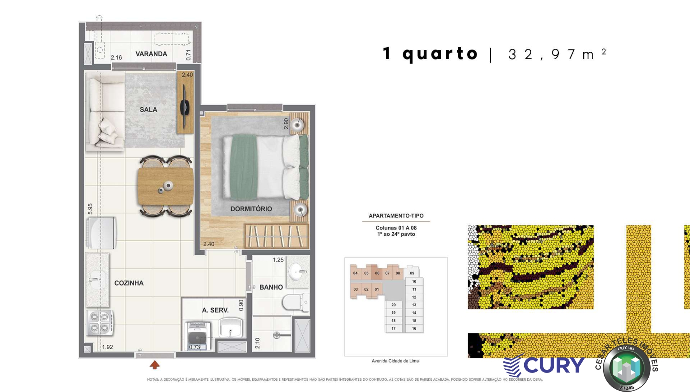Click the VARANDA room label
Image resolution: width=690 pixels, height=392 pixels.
pyautogui.click(x=151, y=54)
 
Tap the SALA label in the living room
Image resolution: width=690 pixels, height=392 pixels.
pyautogui.click(x=148, y=109)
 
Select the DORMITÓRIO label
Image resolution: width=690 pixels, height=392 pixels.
pyautogui.click(x=251, y=209)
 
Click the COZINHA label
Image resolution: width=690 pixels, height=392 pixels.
pyautogui.click(x=129, y=283)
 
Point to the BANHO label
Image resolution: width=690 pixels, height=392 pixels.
pyautogui.click(x=271, y=287)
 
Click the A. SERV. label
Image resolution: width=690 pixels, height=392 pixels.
pyautogui.click(x=215, y=310)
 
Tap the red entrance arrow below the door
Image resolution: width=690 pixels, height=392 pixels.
pyautogui.click(x=155, y=365)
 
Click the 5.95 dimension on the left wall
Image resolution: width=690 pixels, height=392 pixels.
pyautogui.click(x=90, y=208)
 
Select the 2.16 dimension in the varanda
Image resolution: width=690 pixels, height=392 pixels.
pyautogui.click(x=116, y=57)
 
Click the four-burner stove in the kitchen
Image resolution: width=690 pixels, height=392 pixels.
pyautogui.click(x=100, y=323)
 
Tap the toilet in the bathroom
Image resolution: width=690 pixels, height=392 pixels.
pyautogui.click(x=295, y=302)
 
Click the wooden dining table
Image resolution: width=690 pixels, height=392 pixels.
pyautogui.click(x=165, y=186)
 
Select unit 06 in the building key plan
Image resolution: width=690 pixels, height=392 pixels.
pyautogui.click(x=377, y=273)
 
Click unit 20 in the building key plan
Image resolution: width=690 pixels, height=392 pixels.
pyautogui.click(x=393, y=305)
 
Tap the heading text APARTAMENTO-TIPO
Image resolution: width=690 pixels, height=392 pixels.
pyautogui.click(x=396, y=215)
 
